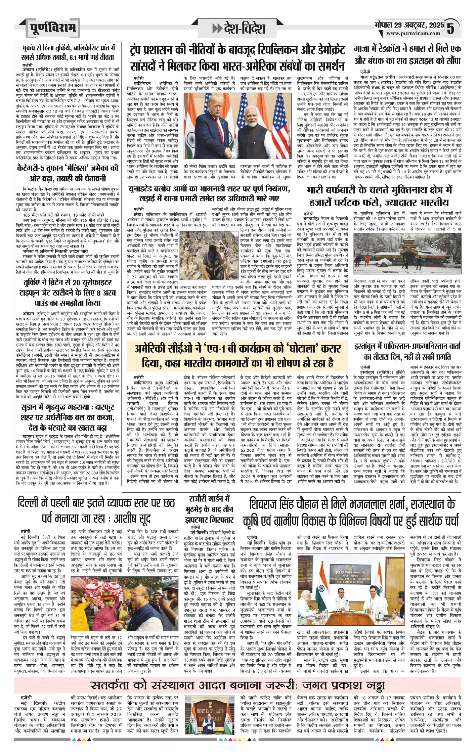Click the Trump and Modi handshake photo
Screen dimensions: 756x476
click(x=237, y=126)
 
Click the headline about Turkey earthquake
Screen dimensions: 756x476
click(x=68, y=52)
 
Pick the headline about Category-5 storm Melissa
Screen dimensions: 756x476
click(x=68, y=173)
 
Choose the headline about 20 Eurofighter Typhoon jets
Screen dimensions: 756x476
click(x=68, y=292)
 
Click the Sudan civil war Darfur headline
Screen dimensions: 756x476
click(x=68, y=417)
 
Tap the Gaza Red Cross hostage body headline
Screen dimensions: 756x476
click(x=407, y=54)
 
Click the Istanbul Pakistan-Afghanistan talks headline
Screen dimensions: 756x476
click(x=407, y=351)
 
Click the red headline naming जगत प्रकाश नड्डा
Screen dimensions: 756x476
click(x=238, y=685)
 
